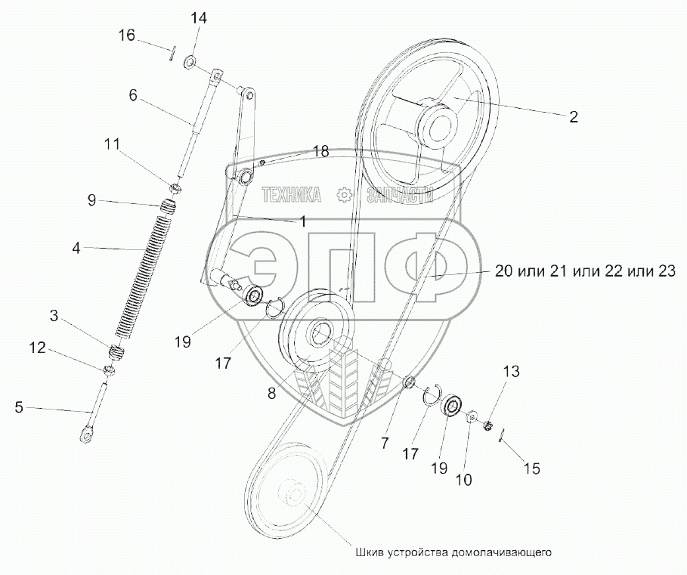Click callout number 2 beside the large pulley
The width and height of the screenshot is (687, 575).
click(574, 116)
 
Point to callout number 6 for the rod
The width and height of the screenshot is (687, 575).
click(133, 95)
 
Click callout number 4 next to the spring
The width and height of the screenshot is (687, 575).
click(76, 248)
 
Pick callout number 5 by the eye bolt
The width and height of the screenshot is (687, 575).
click(19, 408)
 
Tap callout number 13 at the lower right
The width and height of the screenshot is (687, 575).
click(512, 371)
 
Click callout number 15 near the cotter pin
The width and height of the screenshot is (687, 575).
click(532, 468)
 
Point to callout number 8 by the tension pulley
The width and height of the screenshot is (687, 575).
click(271, 393)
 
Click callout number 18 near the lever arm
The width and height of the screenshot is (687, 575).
click(321, 152)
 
